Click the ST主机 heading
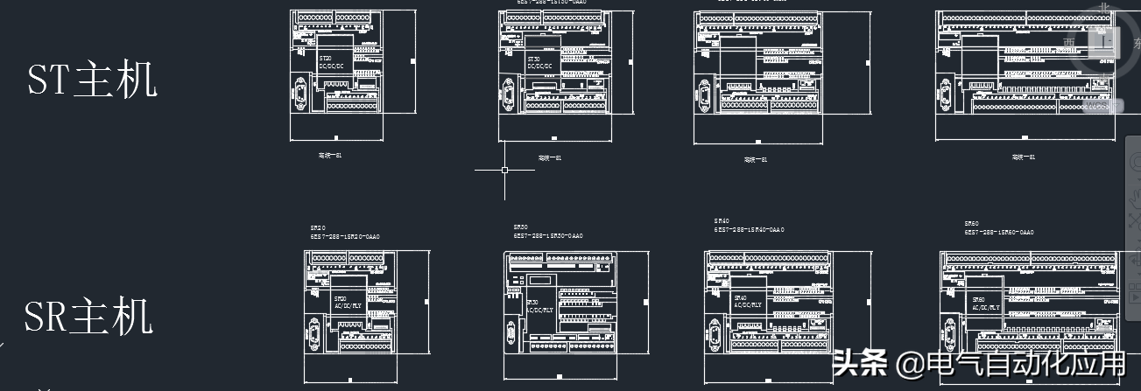click(x=93, y=80)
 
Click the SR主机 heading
click(x=89, y=318)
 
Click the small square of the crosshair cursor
click(x=504, y=170)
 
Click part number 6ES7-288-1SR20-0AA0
click(x=345, y=236)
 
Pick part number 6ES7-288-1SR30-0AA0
click(x=548, y=236)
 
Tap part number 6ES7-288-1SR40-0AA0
click(x=750, y=229)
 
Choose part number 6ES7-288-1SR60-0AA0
click(x=999, y=233)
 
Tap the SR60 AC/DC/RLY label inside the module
click(x=985, y=304)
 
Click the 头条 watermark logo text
click(x=859, y=364)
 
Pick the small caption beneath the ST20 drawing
click(x=329, y=156)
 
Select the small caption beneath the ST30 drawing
click(x=549, y=157)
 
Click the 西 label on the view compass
click(x=1069, y=41)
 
